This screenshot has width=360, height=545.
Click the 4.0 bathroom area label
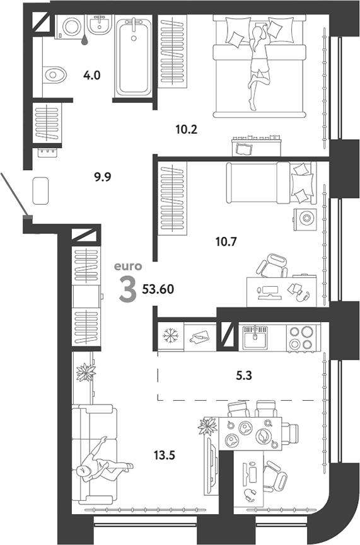[x=92, y=75]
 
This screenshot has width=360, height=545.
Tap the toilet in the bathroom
[x=54, y=74]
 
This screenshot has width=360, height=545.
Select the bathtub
[x=134, y=57]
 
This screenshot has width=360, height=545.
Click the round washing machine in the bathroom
[x=71, y=26]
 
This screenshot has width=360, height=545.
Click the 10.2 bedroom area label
[x=187, y=130]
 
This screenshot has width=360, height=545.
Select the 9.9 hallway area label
[x=102, y=177]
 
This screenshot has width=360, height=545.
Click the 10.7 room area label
[x=226, y=241]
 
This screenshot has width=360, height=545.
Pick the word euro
[x=129, y=267]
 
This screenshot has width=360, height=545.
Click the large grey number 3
[x=127, y=290]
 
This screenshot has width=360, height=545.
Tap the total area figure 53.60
[x=158, y=289]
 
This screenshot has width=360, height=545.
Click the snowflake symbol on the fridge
[x=171, y=336]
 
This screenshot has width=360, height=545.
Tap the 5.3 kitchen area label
[x=243, y=376]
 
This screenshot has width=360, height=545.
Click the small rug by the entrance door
[x=40, y=190]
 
